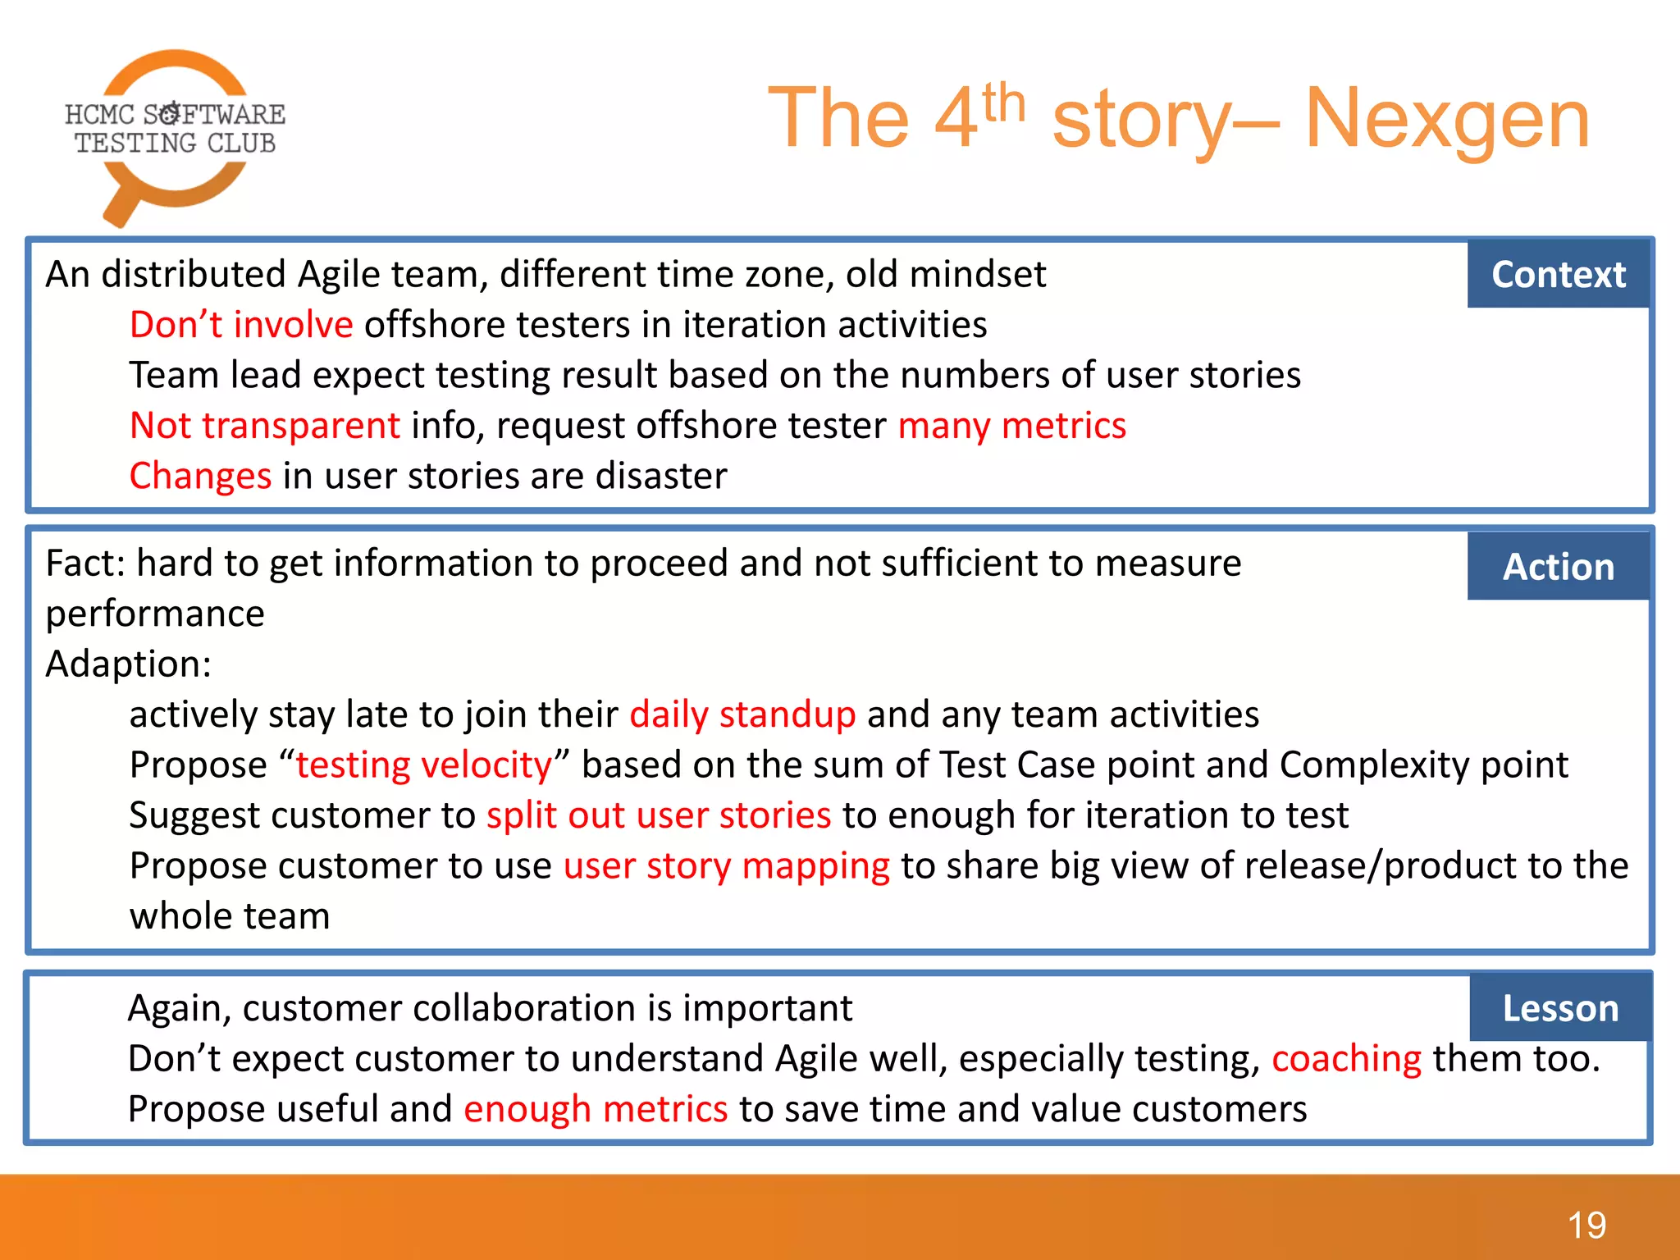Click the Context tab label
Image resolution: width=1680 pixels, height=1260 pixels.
click(x=1558, y=274)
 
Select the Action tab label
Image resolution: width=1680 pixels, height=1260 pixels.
click(x=1558, y=567)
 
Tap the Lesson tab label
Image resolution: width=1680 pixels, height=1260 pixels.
click(x=1559, y=1008)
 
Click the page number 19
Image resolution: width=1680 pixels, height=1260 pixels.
click(x=1586, y=1226)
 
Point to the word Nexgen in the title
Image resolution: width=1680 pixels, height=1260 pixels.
click(x=1447, y=120)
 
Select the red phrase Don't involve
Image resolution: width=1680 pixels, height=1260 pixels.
click(x=241, y=325)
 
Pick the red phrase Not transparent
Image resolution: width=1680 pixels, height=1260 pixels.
click(x=265, y=426)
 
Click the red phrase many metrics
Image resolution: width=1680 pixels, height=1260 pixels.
click(x=1011, y=426)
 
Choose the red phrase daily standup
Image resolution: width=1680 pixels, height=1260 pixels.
click(x=742, y=714)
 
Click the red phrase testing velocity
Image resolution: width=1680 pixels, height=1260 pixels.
click(x=423, y=765)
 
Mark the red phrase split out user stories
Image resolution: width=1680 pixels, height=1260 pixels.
click(x=659, y=815)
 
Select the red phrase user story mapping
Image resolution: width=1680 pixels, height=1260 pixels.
click(x=726, y=866)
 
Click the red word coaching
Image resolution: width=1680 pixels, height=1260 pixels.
click(x=1346, y=1059)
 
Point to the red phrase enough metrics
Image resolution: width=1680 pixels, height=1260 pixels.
click(x=596, y=1109)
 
